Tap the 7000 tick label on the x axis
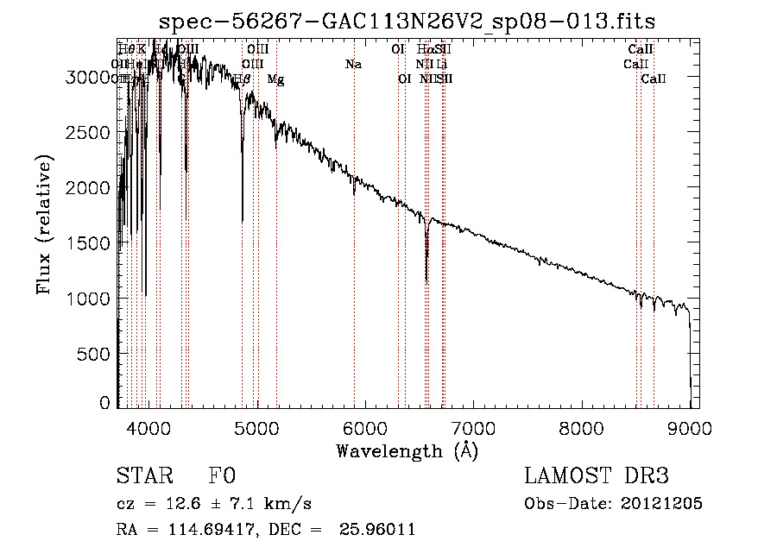tap(473, 426)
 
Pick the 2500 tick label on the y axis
tap(89, 132)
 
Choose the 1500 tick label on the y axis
tap(89, 242)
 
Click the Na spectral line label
tap(353, 64)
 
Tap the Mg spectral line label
tap(275, 79)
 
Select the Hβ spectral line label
tap(242, 79)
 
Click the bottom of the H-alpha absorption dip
tap(426, 280)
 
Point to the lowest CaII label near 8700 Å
tap(654, 79)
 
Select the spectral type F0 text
tap(221, 476)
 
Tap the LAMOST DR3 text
tap(597, 476)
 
